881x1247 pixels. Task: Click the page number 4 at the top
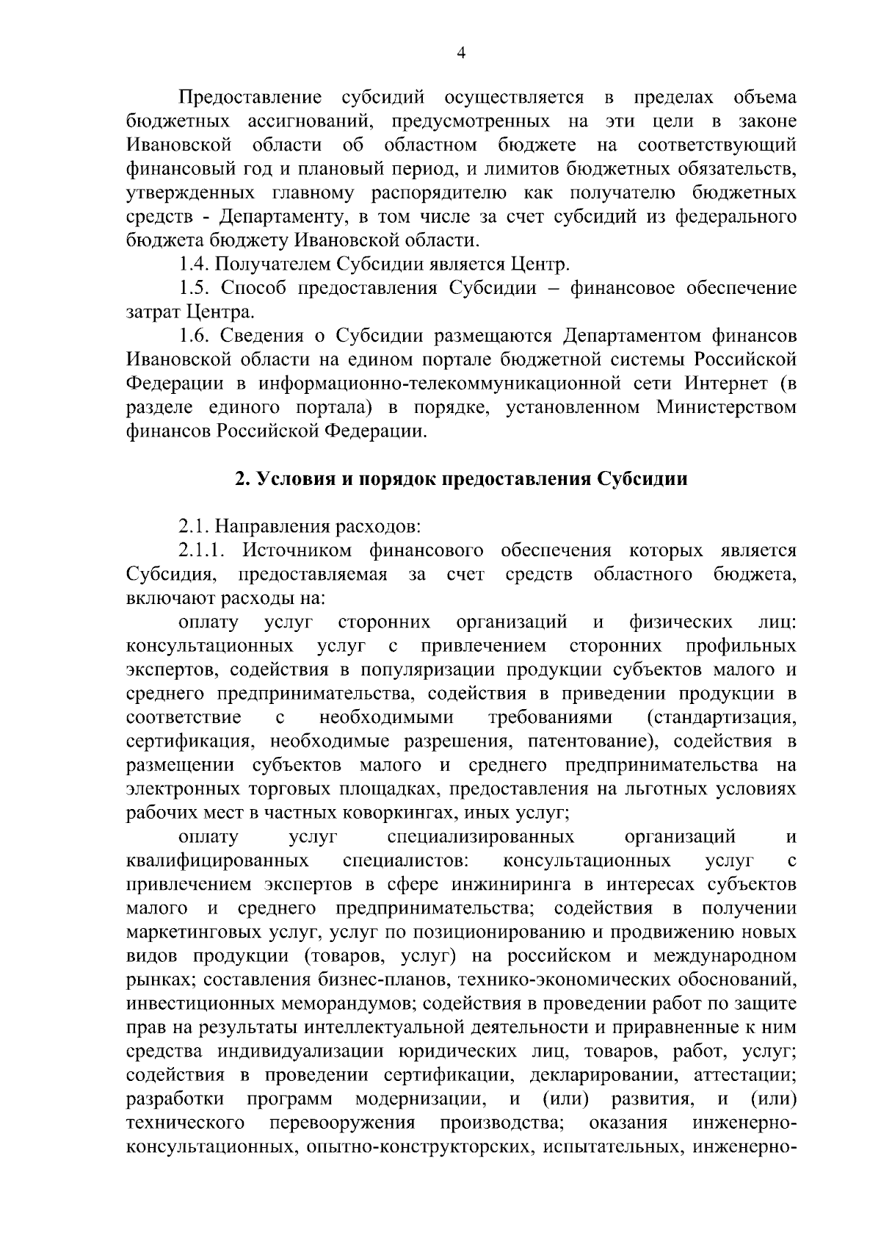(461, 51)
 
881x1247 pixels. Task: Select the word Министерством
(726, 407)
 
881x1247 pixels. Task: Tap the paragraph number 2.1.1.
(205, 550)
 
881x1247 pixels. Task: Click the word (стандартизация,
(722, 717)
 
